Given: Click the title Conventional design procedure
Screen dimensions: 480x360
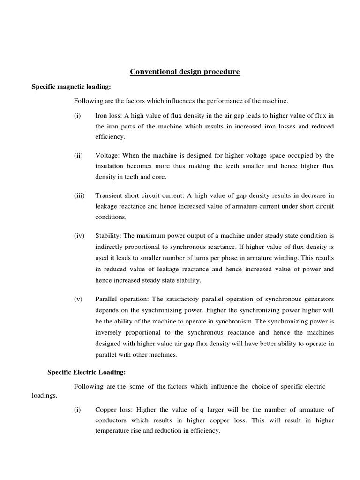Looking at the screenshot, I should (x=184, y=72).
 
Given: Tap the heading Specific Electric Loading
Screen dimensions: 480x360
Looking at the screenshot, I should (x=86, y=372).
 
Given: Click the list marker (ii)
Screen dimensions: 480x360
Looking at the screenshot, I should (x=78, y=156).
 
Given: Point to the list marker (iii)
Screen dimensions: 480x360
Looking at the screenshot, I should (x=79, y=195).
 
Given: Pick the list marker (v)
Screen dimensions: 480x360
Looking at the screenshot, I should (x=78, y=299).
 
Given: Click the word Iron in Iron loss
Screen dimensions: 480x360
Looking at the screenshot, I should (x=102, y=116).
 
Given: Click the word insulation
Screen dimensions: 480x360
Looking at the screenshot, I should (x=110, y=166).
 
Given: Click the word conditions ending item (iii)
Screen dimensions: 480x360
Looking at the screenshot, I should (x=111, y=217).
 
